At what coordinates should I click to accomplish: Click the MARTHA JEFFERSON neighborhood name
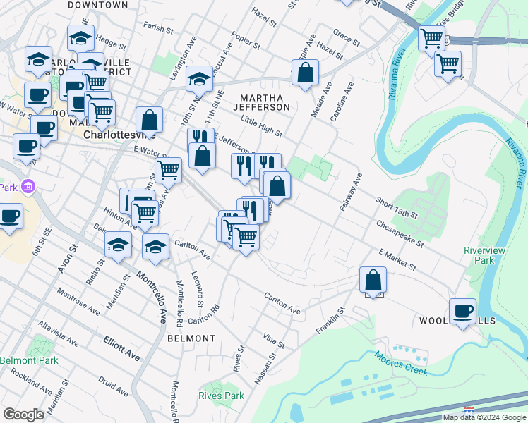coord(265,102)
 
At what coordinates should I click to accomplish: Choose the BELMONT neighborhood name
coord(191,338)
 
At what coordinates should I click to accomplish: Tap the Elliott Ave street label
coord(121,348)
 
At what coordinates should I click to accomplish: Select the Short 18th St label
coord(397,209)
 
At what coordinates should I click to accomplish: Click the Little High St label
coord(261,128)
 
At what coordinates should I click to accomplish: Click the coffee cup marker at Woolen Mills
coord(462,311)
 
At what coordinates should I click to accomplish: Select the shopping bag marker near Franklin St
coord(373,279)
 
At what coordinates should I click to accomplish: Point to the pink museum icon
coord(28,187)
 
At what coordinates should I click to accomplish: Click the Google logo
coord(23,415)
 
